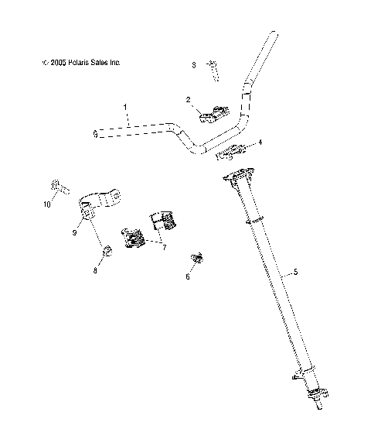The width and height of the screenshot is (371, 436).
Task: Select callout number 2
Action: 187,99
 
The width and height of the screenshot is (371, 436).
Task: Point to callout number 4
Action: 260,142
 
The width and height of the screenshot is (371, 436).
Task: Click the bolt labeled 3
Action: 214,71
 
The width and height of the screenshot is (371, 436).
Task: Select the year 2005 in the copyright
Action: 55,62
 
